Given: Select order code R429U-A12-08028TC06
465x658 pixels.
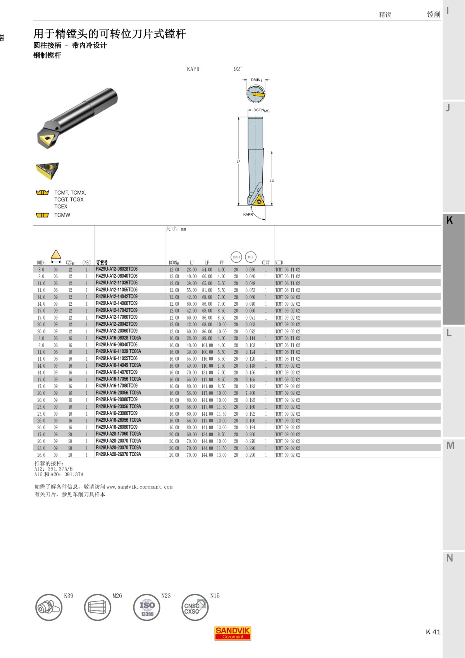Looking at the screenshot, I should pos(116,269).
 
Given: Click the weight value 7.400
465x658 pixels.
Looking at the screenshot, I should pos(250,393).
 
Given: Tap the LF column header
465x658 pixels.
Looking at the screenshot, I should pos(207,262).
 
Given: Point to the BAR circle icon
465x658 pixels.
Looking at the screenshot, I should pos(236,257).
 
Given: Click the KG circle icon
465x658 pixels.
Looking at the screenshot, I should pos(250,257).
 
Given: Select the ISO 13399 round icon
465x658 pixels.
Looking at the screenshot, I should pos(147,607).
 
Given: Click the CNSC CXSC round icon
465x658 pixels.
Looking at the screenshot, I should pos(195,607).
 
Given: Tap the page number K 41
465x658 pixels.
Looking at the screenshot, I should pos(433,632).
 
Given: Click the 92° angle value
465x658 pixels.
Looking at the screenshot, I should pos(238,69).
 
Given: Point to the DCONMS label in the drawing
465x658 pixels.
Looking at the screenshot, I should pos(261,110).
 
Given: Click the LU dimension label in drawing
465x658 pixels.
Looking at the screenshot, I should pos(272,181).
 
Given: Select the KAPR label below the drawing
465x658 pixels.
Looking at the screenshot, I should pos(248,214).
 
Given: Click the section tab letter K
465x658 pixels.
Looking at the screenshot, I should pos(449,220).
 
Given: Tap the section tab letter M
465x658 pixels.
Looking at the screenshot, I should pos(450,446).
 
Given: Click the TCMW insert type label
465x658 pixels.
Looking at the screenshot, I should pos(62,215).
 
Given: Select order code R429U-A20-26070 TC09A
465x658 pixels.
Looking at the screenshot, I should pos(118,454).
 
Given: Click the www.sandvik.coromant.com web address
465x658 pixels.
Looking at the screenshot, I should pos(139,487).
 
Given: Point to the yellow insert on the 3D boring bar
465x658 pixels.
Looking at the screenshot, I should pos(47,140).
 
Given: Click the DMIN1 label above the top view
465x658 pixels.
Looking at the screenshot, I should pos(256,80).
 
